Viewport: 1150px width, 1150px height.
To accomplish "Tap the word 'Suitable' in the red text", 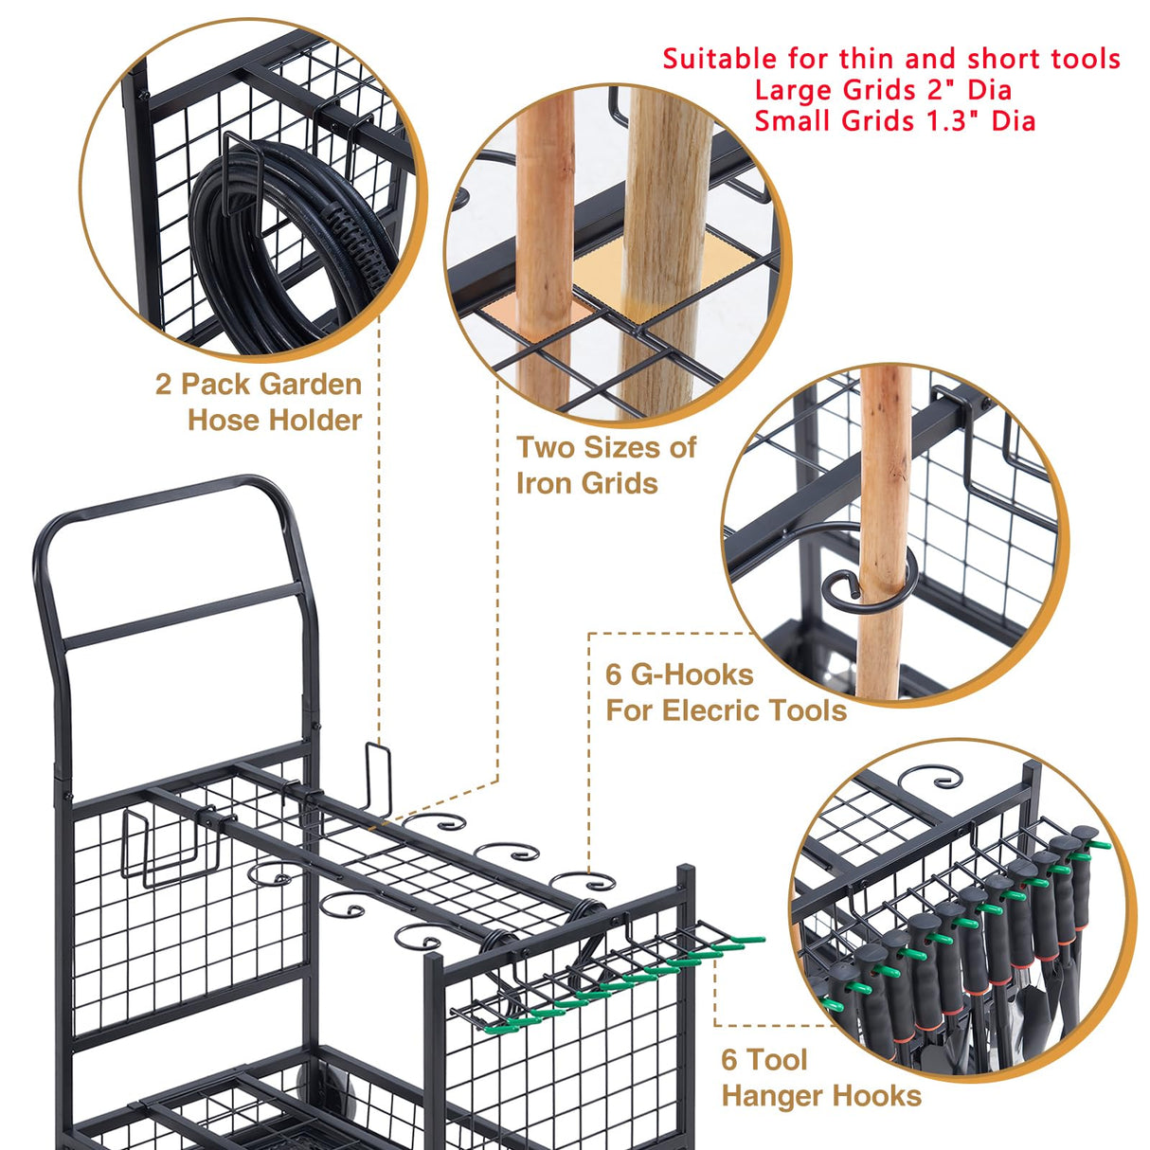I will pos(720,59).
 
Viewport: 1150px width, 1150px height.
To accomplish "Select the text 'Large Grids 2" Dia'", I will pos(883,90).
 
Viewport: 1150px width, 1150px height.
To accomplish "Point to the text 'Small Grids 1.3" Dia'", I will pos(894,121).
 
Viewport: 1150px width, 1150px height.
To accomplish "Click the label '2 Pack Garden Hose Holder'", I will pos(259,402).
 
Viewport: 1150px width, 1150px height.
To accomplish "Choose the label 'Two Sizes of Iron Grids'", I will pos(605,464).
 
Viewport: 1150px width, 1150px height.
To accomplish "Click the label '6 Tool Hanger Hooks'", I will pos(820,1077).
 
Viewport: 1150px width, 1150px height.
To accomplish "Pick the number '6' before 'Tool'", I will pos(729,1059).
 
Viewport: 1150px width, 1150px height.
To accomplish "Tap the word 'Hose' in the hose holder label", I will pos(223,420).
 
